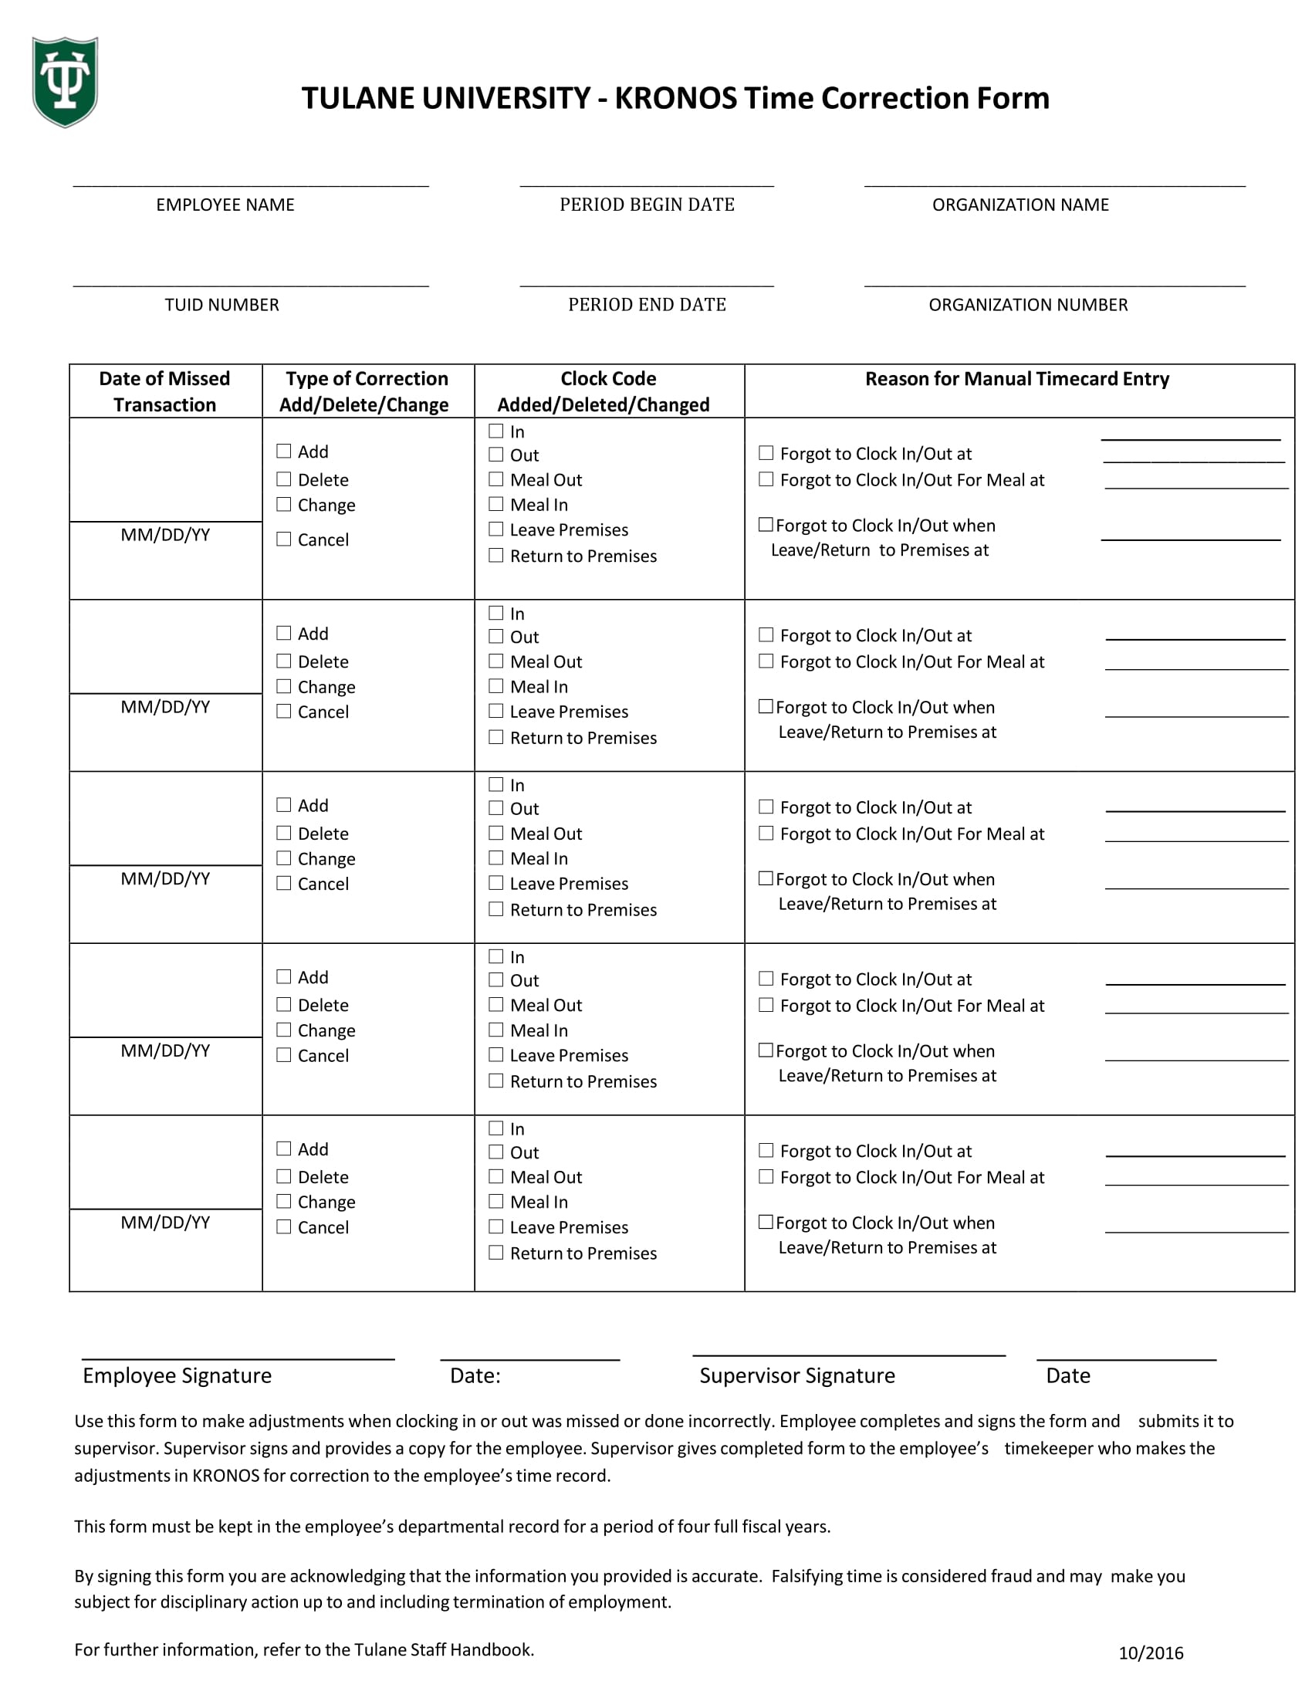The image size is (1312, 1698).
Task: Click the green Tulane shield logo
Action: pos(65,82)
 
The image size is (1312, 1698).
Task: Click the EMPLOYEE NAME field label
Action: pos(225,205)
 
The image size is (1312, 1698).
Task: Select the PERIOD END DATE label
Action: pos(647,305)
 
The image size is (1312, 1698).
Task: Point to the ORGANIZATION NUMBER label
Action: pos(1027,305)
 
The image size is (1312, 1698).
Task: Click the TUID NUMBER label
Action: pos(221,305)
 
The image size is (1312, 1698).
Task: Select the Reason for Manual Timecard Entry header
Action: pos(1016,380)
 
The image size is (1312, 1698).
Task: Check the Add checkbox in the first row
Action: pos(284,452)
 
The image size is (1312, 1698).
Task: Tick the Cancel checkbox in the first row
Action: pos(284,540)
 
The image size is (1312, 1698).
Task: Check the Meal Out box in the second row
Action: pos(496,661)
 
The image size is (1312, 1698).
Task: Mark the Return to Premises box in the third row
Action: pos(496,910)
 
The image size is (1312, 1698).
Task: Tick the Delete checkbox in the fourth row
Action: pos(284,1005)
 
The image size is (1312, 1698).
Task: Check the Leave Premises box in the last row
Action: pos(496,1227)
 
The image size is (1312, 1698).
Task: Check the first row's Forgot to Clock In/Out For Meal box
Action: pos(766,480)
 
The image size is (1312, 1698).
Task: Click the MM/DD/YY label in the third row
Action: pos(165,879)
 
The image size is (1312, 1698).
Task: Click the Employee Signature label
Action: pos(178,1376)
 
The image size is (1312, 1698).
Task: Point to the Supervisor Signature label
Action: pos(796,1376)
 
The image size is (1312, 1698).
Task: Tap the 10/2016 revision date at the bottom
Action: pos(1151,1653)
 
